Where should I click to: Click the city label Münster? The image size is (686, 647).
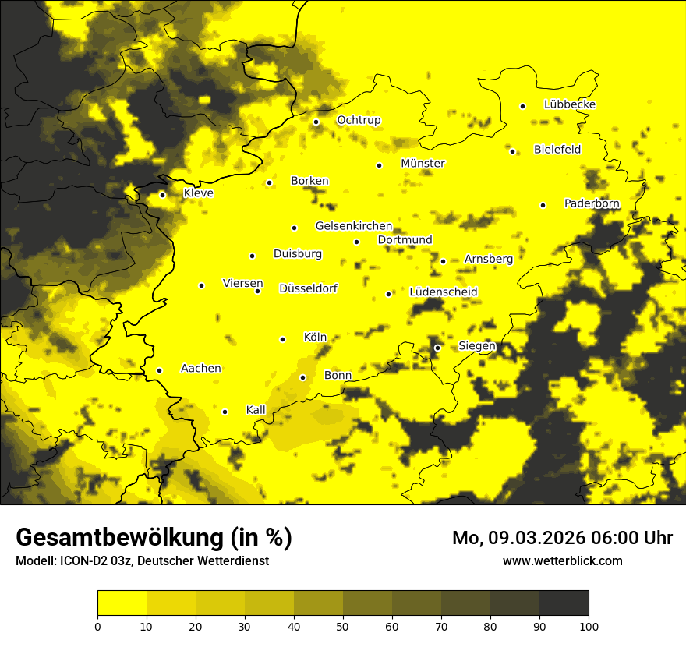(423, 164)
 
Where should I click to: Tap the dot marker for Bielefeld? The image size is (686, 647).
(512, 151)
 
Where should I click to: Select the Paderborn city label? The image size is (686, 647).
(592, 203)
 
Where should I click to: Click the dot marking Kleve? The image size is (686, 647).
(162, 195)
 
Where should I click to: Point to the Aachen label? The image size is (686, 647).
(200, 369)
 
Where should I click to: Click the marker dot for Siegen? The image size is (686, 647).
(437, 348)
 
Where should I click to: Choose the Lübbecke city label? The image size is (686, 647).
(570, 104)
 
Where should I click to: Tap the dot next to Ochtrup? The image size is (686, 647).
(316, 122)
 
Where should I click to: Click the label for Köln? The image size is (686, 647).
(315, 338)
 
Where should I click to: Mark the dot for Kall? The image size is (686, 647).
(225, 412)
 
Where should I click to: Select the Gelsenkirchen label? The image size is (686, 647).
(353, 226)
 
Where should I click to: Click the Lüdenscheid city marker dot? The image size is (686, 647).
(388, 294)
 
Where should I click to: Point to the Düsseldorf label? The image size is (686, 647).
(308, 288)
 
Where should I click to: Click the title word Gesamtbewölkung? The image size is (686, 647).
(118, 538)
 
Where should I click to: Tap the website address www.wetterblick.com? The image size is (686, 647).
(562, 560)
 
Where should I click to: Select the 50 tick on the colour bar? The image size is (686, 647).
(343, 625)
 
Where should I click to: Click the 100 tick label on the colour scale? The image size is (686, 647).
(589, 625)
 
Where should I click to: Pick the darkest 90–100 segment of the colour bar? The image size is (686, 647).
(564, 603)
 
